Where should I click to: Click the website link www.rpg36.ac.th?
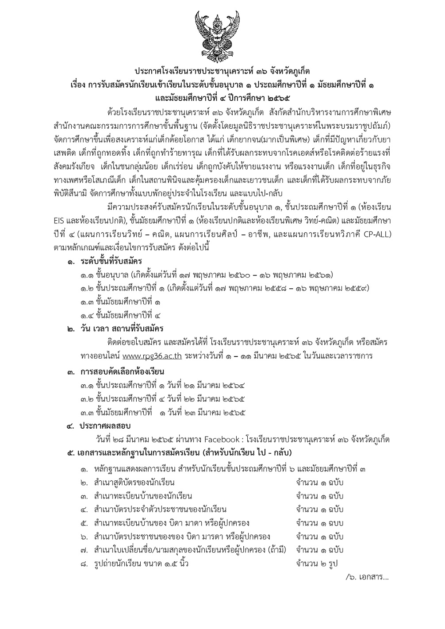click(152, 356)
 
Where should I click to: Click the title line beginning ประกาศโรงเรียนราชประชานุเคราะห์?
click(222, 71)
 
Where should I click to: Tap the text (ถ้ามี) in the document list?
click(277, 550)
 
